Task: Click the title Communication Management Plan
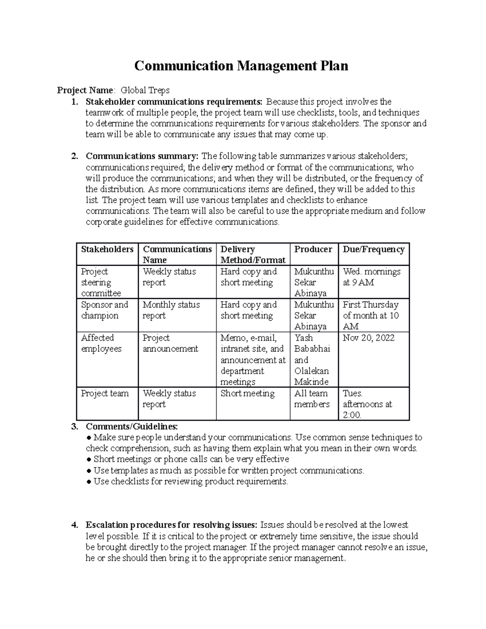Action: (x=241, y=66)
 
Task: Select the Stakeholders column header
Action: (x=107, y=249)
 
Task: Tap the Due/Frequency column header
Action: (x=373, y=249)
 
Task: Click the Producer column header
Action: (x=313, y=249)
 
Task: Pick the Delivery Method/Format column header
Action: (x=253, y=255)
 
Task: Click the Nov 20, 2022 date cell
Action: (x=369, y=338)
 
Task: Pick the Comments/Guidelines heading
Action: (x=132, y=426)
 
